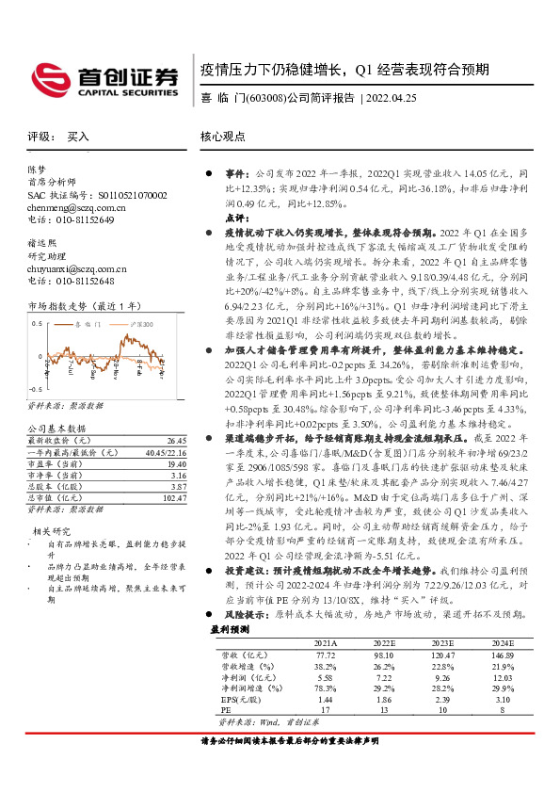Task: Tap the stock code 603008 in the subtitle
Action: pyautogui.click(x=265, y=97)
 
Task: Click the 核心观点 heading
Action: pyautogui.click(x=223, y=137)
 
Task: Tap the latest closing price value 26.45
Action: pyautogui.click(x=176, y=440)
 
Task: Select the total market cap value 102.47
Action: pyautogui.click(x=173, y=497)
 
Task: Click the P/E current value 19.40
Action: pyautogui.click(x=175, y=463)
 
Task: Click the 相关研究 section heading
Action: pyautogui.click(x=49, y=558)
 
